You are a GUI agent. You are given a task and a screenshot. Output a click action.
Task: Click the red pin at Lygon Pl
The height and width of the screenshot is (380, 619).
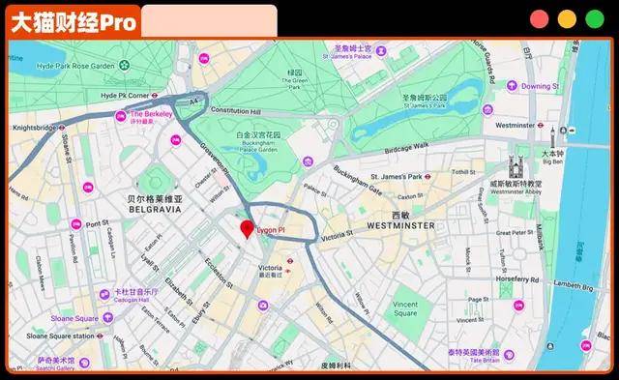coord(246,229)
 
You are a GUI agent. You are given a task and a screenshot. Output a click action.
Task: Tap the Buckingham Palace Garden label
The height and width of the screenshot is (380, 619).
coord(259,143)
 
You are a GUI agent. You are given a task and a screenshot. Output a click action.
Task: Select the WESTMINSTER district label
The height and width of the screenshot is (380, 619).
coord(400,225)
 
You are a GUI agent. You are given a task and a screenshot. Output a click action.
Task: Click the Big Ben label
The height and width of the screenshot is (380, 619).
coord(552,161)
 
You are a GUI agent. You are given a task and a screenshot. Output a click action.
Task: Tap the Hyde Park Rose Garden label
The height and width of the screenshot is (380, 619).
coord(75,66)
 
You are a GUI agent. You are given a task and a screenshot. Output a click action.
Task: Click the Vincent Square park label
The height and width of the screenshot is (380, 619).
coord(405,307)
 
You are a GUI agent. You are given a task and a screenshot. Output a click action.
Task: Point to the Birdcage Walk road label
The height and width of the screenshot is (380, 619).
coord(406,147)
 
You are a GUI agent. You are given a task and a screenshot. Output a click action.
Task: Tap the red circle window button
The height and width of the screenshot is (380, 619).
coord(539,19)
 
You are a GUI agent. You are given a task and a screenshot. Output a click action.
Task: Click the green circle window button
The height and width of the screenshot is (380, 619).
coord(593,19)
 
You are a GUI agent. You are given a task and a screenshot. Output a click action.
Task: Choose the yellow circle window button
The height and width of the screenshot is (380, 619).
coord(566,19)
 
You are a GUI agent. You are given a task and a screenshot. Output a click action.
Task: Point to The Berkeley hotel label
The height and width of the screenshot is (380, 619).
coord(152,114)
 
